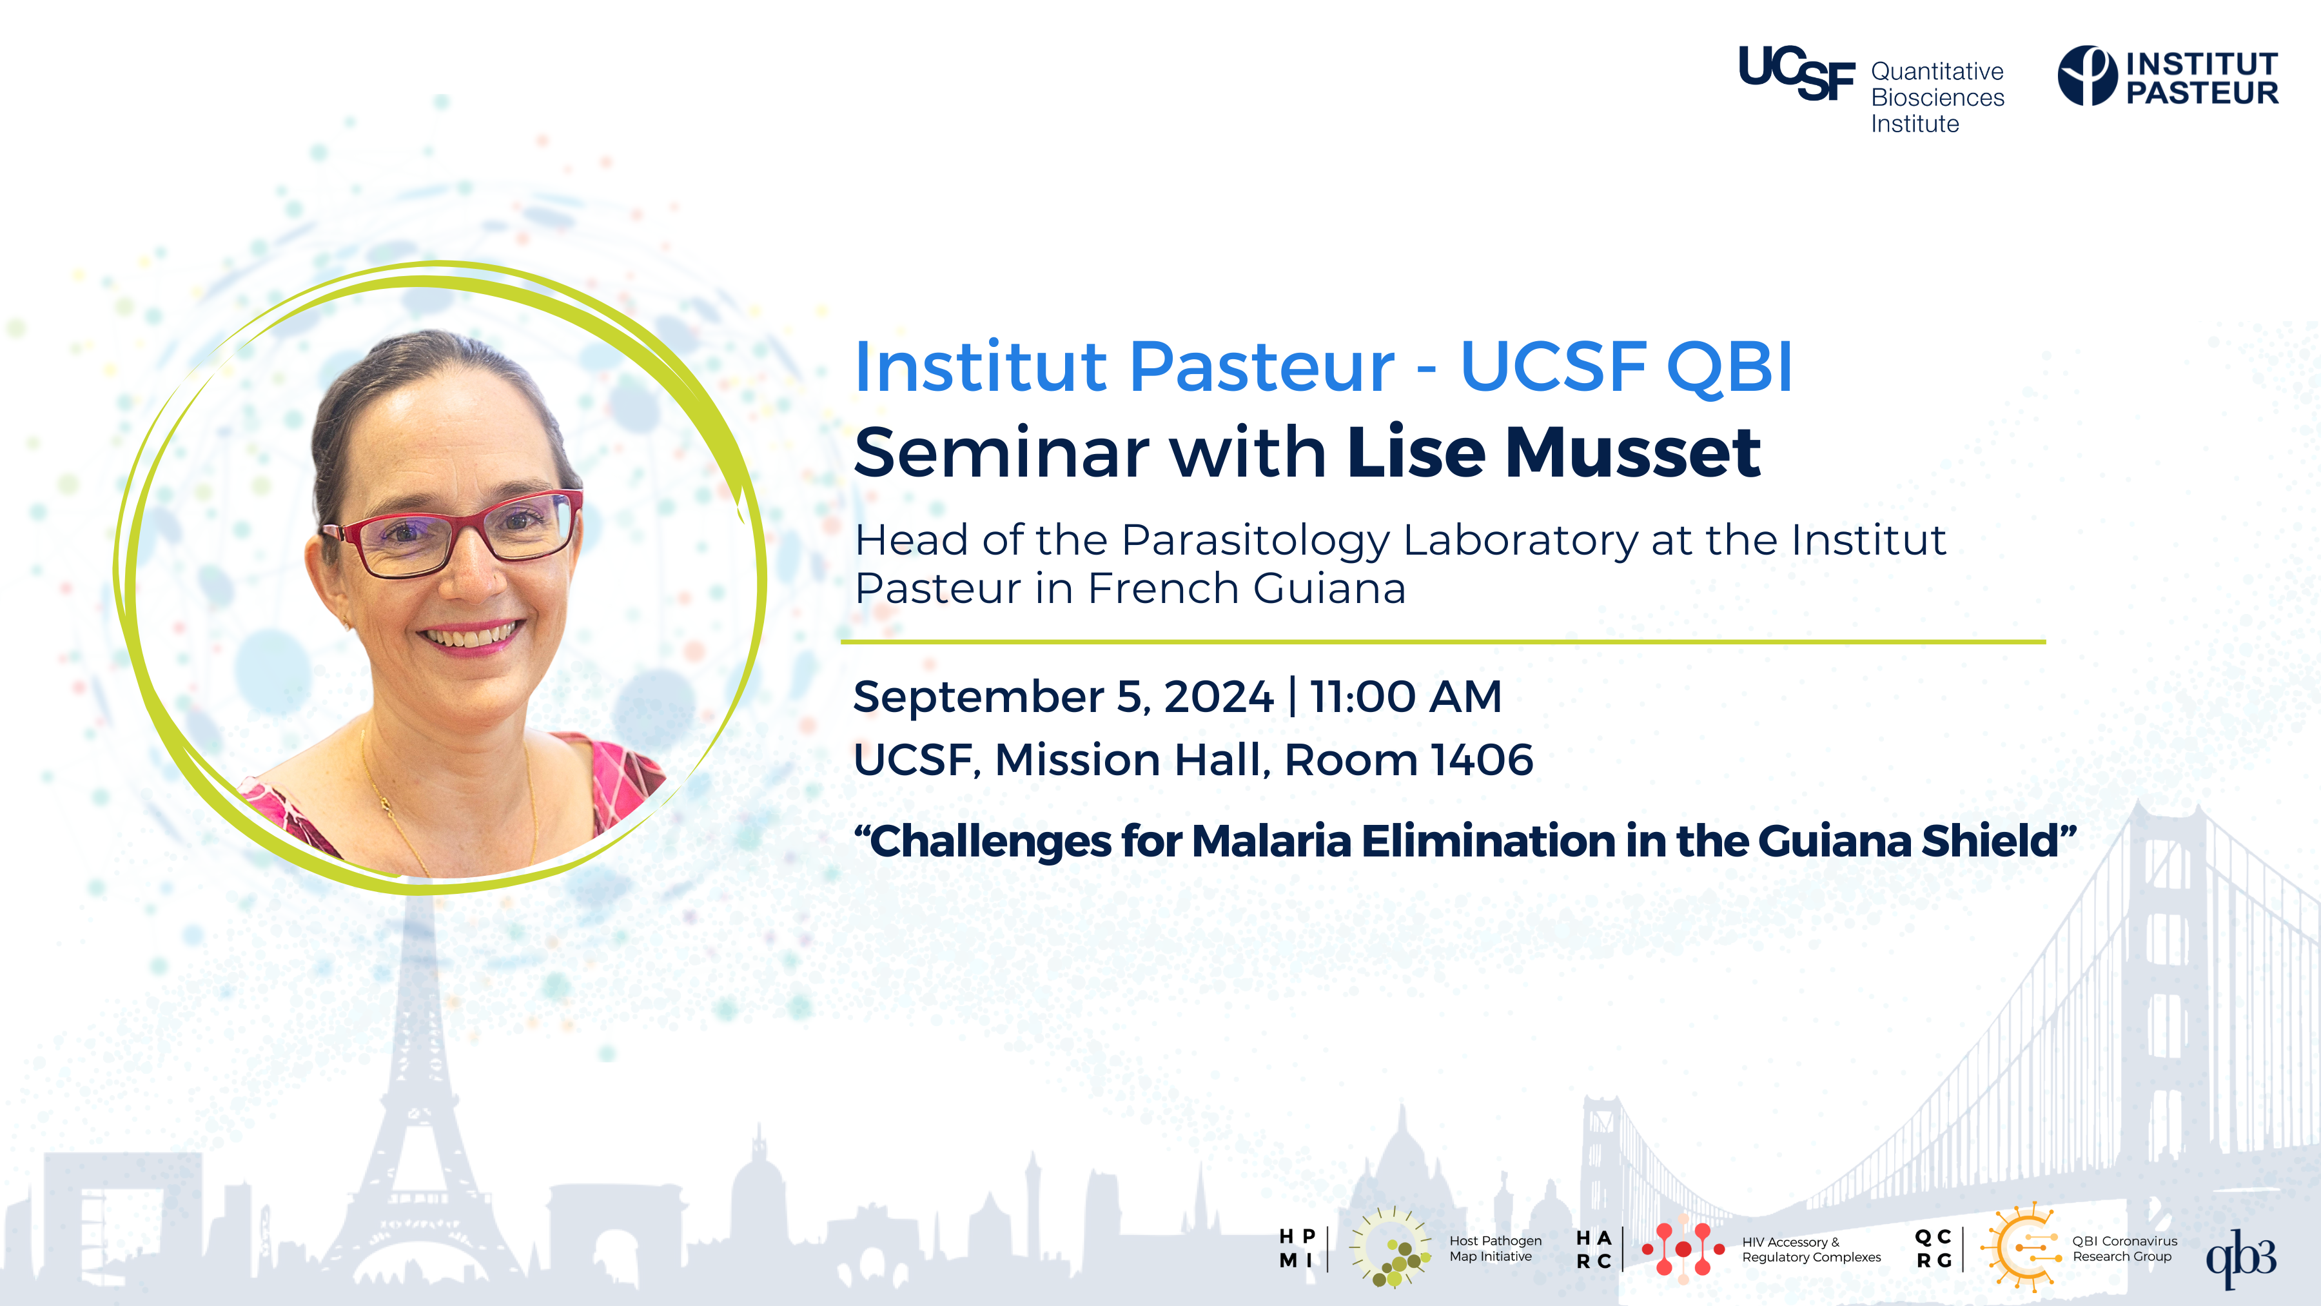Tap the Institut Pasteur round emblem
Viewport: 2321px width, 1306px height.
click(2087, 75)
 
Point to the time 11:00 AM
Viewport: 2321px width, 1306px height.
click(1405, 696)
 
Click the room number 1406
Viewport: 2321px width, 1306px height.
click(1482, 760)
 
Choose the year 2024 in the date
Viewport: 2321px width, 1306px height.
click(1218, 696)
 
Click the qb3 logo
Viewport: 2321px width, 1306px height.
click(2241, 1258)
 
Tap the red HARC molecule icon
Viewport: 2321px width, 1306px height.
click(1682, 1249)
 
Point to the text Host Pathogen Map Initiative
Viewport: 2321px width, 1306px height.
click(1494, 1249)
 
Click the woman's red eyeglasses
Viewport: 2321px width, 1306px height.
click(453, 532)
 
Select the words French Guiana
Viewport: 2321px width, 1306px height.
click(1246, 589)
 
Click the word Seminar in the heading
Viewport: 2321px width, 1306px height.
click(1000, 453)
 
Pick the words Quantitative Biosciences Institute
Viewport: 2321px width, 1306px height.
click(1937, 97)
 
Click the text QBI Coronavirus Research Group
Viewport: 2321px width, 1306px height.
click(2124, 1249)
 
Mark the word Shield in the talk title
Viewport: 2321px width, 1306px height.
click(1999, 841)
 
